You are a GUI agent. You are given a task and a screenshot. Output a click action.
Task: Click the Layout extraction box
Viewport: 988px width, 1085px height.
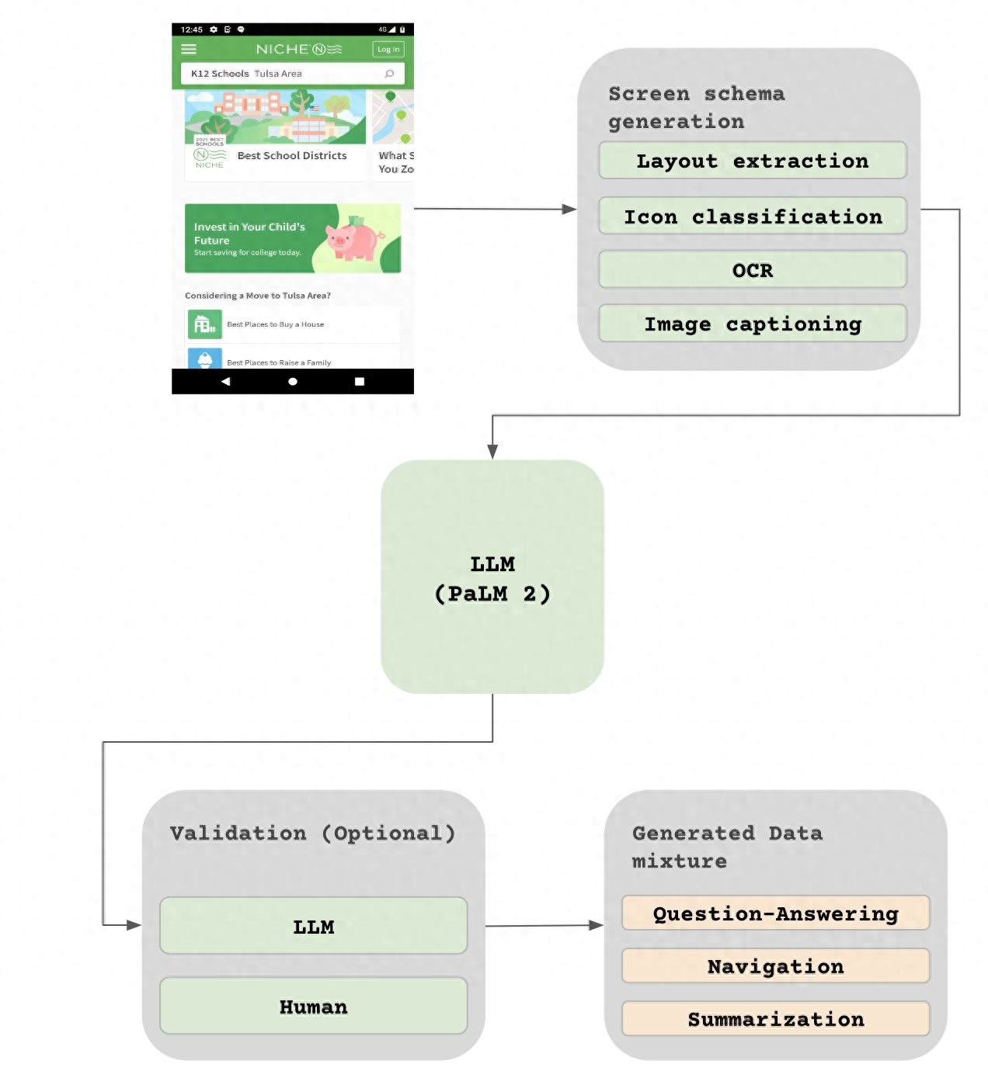(x=752, y=161)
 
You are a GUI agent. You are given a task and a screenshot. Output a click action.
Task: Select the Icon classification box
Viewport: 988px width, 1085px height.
(x=752, y=216)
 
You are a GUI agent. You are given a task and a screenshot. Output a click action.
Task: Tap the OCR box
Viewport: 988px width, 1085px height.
(x=752, y=270)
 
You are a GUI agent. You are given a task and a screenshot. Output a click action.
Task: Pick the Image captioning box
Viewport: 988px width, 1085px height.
(x=752, y=324)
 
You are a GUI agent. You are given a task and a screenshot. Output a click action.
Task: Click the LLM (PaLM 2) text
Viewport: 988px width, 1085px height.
(x=492, y=579)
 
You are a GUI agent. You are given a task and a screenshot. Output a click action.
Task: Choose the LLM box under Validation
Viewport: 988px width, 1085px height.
(x=313, y=926)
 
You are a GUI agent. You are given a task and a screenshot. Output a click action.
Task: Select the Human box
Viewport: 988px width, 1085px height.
(x=313, y=1006)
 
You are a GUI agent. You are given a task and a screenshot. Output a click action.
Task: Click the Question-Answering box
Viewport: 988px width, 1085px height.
(x=775, y=913)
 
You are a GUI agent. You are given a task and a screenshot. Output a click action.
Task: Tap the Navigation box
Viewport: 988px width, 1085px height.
(x=775, y=966)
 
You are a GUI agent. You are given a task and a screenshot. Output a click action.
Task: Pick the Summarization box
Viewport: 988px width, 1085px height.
(x=775, y=1019)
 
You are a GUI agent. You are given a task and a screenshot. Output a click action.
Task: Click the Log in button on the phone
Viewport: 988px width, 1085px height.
(x=388, y=50)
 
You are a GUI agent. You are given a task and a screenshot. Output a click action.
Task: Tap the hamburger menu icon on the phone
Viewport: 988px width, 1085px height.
(x=189, y=50)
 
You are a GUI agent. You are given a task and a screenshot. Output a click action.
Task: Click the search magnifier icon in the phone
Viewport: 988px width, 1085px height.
(x=389, y=74)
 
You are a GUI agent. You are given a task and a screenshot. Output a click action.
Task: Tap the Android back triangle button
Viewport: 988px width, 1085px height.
(x=225, y=382)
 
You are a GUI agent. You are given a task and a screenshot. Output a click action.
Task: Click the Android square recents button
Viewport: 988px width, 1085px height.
(x=360, y=382)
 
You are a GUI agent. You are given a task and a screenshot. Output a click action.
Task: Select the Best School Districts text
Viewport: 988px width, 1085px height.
(x=292, y=156)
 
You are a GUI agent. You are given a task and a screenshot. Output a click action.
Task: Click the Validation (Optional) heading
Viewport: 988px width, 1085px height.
(x=312, y=833)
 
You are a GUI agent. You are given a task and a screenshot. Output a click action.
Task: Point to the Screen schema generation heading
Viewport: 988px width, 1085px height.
(x=696, y=107)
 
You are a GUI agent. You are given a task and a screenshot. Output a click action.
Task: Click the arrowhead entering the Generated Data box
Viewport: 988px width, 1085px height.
(x=597, y=925)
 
